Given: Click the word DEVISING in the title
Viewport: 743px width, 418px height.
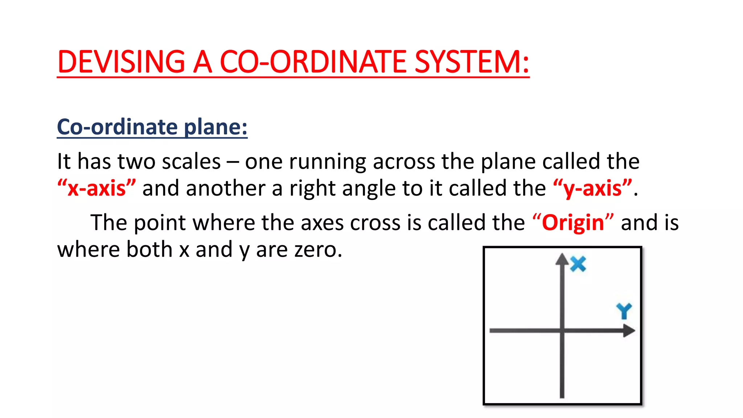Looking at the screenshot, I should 121,62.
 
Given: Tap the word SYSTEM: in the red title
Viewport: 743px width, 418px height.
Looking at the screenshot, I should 472,62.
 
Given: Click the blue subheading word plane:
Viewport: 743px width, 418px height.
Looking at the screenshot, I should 215,127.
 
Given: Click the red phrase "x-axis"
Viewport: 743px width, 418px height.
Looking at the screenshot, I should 97,188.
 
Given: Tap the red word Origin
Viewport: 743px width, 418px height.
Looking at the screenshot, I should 573,222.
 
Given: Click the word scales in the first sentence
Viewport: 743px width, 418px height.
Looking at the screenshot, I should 191,161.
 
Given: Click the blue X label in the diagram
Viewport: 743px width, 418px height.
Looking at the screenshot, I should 578,264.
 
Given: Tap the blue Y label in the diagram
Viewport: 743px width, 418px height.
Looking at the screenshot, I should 624,311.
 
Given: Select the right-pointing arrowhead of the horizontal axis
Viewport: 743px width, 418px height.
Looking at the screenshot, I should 629,331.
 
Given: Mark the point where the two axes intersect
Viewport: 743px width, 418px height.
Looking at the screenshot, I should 562,331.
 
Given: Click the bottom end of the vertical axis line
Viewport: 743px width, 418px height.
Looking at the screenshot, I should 562,397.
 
